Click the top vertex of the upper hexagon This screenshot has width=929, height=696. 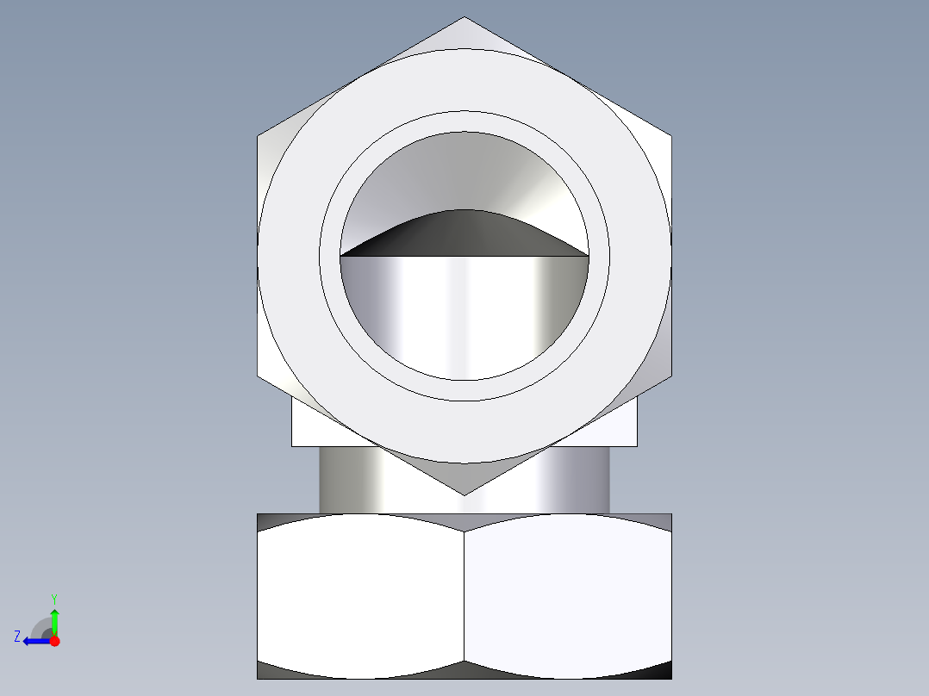click(x=464, y=17)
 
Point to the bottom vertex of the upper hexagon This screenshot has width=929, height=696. click(x=464, y=494)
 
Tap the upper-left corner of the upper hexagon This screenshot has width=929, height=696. click(x=259, y=136)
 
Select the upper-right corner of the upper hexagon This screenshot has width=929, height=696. click(x=670, y=136)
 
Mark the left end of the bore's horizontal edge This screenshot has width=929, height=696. click(x=340, y=256)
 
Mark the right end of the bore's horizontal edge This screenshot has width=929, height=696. click(x=589, y=256)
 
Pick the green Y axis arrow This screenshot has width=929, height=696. click(x=54, y=620)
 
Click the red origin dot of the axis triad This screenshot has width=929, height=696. click(x=54, y=641)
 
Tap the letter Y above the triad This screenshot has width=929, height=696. click(x=54, y=599)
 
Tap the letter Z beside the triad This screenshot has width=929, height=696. click(x=17, y=637)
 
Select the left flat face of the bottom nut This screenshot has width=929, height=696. click(x=360, y=594)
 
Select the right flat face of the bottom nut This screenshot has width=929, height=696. click(x=567, y=594)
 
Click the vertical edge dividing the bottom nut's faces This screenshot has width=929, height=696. click(x=464, y=594)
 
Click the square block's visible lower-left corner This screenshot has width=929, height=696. click(x=293, y=444)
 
